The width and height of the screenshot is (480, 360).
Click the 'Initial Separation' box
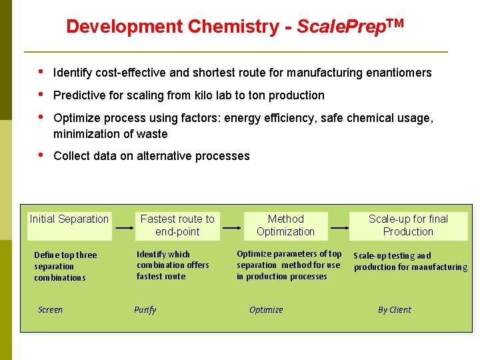pos(69,219)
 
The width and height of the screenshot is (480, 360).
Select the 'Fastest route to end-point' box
pos(177,225)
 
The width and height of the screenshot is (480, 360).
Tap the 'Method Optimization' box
pos(285,225)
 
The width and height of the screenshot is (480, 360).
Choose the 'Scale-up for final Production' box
pos(408,225)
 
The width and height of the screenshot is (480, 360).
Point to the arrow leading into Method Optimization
pos(232,227)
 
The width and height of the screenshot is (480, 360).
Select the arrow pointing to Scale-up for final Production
pos(339,227)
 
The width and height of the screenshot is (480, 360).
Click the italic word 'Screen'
pos(50,310)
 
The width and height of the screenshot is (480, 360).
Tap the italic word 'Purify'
pos(145,310)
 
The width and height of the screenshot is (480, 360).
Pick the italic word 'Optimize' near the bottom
pos(266,310)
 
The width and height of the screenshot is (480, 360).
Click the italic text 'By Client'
pos(394,310)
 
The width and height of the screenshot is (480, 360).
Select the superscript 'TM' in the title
pos(395,23)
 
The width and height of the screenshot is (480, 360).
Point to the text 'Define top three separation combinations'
pos(65,266)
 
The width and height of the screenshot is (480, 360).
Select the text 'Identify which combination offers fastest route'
pos(173,265)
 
